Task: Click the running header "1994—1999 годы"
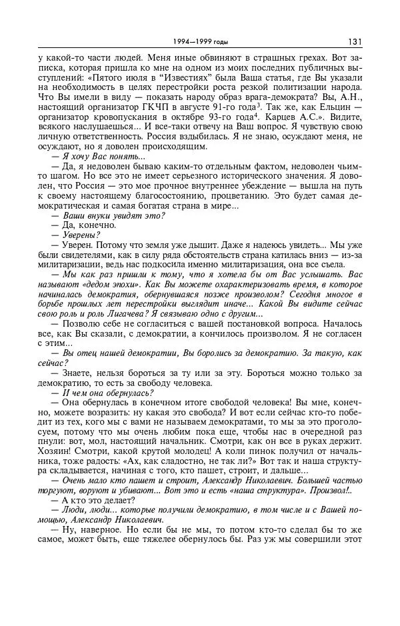click(199, 42)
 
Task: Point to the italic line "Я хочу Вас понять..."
click(97, 155)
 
